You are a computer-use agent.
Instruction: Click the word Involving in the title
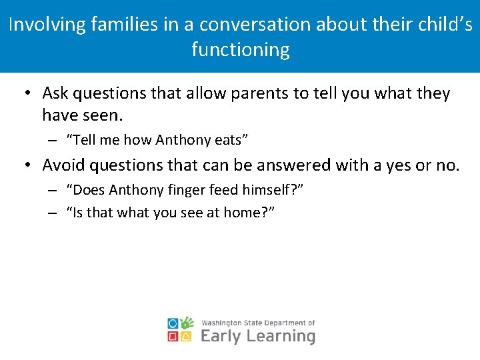(x=49, y=25)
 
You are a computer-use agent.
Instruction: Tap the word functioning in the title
(x=241, y=50)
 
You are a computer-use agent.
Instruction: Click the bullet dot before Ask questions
(x=27, y=94)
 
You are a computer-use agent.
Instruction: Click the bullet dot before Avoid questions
(x=27, y=165)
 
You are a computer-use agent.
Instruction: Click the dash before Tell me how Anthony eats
(x=52, y=141)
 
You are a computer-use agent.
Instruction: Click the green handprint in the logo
(x=187, y=323)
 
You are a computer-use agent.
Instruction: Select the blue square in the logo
(x=173, y=323)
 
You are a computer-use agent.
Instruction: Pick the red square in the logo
(x=173, y=337)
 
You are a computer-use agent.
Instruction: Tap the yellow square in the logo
(x=187, y=337)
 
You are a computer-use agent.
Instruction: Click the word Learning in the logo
(x=281, y=336)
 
